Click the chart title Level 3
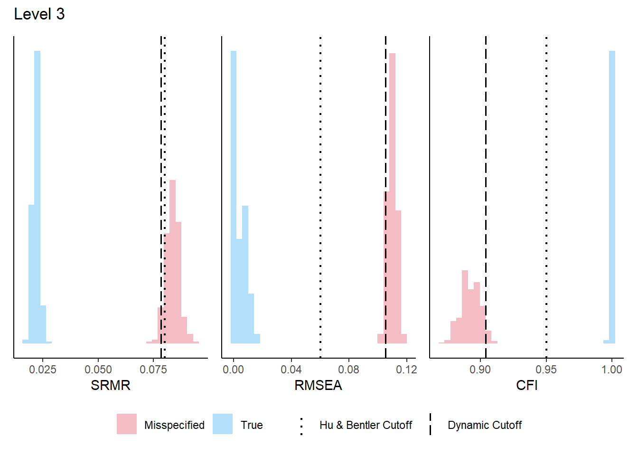39,14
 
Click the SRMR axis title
110,385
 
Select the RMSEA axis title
318,385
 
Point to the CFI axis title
526,385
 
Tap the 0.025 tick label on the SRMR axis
43,370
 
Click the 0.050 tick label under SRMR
98,370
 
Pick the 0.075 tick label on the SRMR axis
153,370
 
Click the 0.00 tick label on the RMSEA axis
233,370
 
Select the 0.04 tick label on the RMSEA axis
291,370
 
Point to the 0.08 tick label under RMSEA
349,370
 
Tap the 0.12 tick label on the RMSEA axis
406,370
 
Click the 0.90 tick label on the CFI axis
480,370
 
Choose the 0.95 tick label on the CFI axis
546,370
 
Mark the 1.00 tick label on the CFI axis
612,370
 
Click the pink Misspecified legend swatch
127,424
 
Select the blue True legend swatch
223,424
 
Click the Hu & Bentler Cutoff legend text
366,425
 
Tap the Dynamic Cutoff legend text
484,425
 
